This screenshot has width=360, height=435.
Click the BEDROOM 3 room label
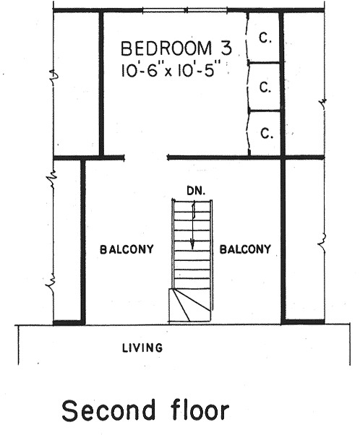point(176,48)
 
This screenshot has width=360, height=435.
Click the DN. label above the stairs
point(196,191)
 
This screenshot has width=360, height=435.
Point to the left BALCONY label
point(127,249)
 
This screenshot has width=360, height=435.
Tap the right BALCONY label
point(245,249)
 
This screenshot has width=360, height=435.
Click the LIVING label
point(142,348)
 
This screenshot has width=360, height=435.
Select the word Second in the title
point(108,410)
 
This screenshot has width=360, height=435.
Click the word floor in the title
point(200,410)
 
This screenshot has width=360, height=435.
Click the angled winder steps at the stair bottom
point(189,306)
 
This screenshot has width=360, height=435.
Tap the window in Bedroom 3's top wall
point(185,11)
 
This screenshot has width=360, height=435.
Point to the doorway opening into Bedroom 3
point(146,158)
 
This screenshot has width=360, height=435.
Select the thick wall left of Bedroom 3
point(101,83)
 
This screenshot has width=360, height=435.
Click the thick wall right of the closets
point(282,83)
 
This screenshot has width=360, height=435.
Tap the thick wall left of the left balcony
point(82,241)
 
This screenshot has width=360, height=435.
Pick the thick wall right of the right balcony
point(283,241)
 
